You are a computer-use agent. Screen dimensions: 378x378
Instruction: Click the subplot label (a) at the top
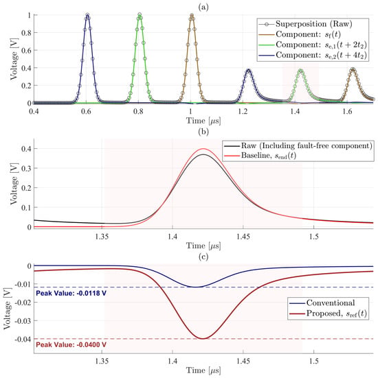pos(203,7)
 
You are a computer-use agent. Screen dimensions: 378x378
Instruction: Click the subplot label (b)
pos(203,132)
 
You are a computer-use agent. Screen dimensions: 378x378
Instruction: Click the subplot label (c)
pos(203,257)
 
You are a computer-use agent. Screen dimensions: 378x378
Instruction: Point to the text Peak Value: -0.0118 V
pos(71,294)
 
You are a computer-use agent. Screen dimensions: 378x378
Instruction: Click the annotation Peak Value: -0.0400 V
pos(71,345)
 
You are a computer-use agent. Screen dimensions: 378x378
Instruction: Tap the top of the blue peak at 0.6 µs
pos(87,15)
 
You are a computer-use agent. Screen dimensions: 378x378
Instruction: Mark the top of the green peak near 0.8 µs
pos(140,15)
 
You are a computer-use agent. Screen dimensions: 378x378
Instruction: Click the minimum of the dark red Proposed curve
pos(203,339)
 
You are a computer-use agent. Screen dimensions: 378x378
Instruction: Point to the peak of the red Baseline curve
pos(203,148)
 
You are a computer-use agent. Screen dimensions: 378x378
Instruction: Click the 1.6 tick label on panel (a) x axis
pos(347,111)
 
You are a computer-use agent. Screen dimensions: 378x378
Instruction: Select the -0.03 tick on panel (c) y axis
pos(23,321)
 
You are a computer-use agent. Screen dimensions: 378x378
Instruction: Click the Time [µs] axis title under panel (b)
pos(203,246)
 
